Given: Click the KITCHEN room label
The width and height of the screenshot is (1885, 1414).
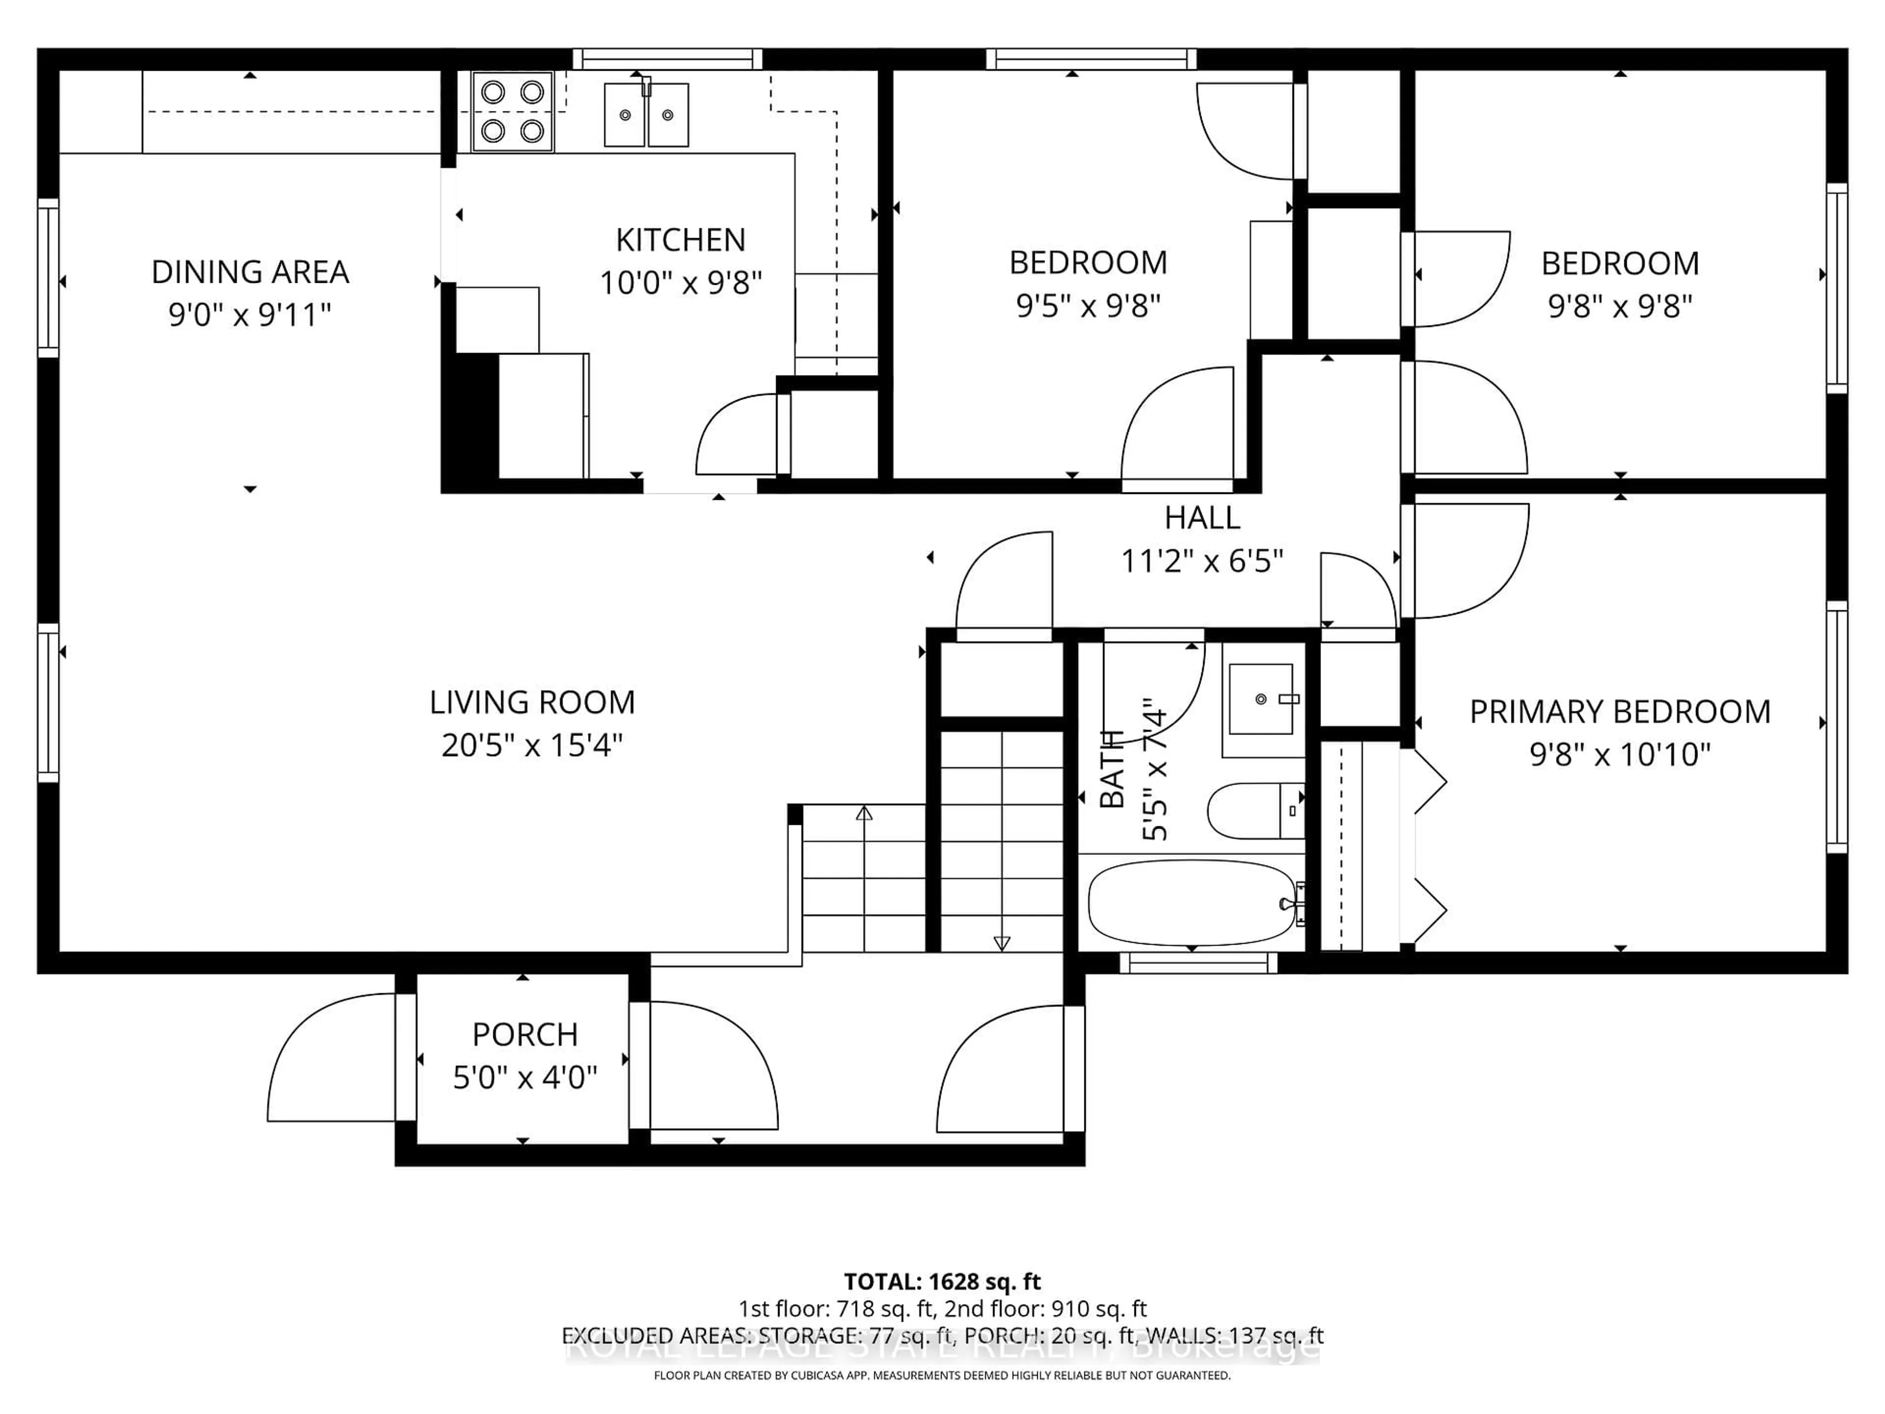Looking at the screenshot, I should tap(680, 241).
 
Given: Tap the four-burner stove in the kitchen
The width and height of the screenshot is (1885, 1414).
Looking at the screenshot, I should tap(512, 111).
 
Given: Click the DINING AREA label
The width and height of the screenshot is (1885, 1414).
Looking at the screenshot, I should tap(250, 272).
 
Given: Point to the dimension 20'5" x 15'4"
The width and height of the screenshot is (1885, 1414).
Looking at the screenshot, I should tap(532, 746).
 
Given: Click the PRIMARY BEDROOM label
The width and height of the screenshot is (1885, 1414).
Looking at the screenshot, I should tap(1619, 712).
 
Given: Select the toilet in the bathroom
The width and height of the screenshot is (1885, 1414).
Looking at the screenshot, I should tap(1253, 811).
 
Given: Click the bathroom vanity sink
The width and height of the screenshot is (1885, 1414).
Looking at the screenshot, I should tap(1261, 700).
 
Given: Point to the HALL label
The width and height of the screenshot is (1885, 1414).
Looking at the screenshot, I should tap(1202, 517).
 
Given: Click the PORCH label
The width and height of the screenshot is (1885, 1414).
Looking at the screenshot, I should tap(525, 1034).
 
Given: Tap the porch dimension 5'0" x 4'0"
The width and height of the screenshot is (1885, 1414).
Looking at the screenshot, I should tap(525, 1078).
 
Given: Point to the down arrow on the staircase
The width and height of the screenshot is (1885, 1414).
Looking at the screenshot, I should tap(1002, 943).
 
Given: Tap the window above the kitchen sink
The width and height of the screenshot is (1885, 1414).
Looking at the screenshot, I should tap(667, 59).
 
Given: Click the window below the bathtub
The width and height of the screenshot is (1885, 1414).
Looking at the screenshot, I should tap(1198, 963).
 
